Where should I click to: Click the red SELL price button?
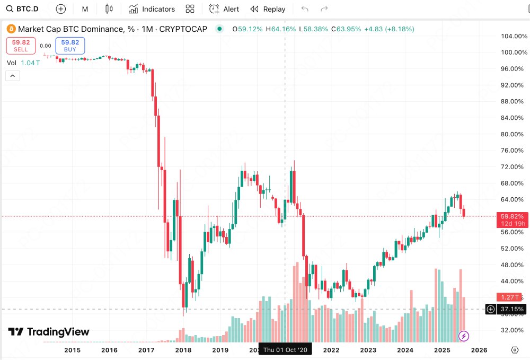pos(21,46)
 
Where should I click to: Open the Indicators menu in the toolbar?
pos(152,9)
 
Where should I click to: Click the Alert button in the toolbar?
pos(224,9)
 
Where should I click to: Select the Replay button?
pos(268,9)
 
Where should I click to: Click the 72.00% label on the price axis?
pos(512,167)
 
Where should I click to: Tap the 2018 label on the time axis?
pos(183,350)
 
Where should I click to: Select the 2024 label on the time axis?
pos(405,350)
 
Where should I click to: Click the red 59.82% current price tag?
pos(511,216)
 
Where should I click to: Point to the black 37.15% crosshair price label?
pos(512,309)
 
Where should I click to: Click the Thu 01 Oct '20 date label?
pos(285,350)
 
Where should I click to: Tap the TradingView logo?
pos(49,332)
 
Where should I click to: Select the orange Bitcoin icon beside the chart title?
pos(11,29)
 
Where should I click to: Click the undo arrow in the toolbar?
pos(304,9)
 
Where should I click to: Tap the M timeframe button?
pos(85,9)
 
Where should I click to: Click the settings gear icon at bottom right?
pos(515,350)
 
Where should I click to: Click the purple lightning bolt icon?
pos(464,336)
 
